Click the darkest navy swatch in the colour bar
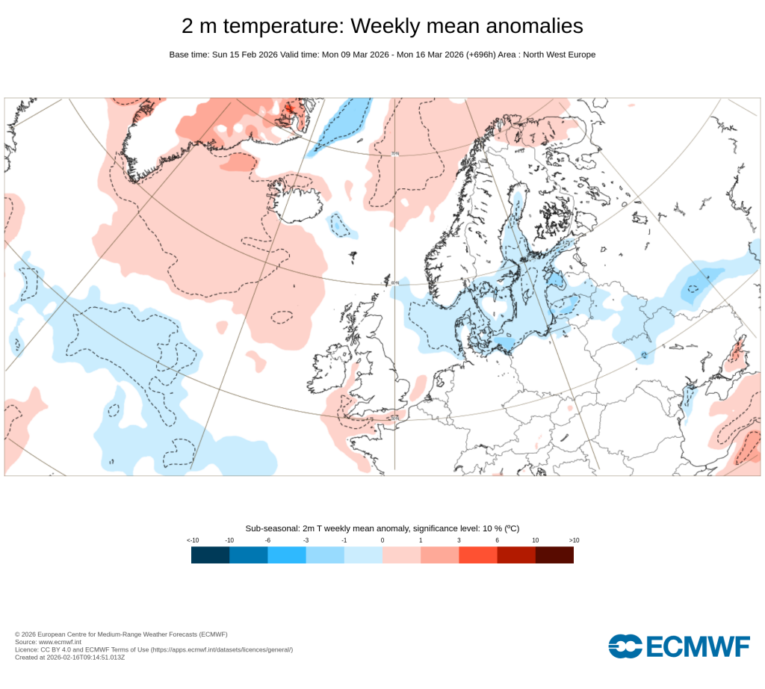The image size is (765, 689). coord(210,554)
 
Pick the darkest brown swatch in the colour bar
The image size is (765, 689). coord(554,554)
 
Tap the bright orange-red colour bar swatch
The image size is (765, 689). coord(477,554)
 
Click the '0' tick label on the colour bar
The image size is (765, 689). coord(382,540)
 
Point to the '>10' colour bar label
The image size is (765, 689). coord(574,540)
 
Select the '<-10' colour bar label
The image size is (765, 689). coord(192,540)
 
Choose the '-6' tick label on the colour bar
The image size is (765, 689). coord(267,540)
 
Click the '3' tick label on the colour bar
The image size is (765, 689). coord(459,540)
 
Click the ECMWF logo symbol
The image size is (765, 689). coord(625,646)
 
